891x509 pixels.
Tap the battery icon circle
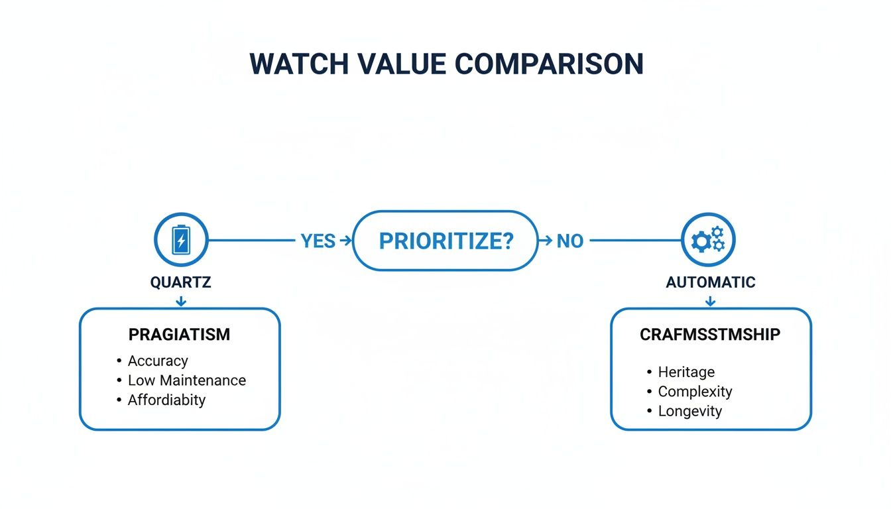180,240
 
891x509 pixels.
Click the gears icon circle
708,240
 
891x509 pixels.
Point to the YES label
318,241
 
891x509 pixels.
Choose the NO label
569,241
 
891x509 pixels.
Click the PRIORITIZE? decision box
445,241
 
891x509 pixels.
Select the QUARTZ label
180,282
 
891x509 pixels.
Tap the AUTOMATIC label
710,282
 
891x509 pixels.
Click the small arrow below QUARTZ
180,302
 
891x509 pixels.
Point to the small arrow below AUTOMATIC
710,302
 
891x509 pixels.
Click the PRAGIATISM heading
179,335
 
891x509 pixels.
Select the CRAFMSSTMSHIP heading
710,335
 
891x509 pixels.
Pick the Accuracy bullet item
158,361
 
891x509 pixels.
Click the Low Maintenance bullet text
186,380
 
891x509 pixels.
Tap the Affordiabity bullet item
166,400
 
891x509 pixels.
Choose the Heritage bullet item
686,372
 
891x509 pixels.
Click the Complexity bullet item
695,392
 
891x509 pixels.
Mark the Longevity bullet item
689,412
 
